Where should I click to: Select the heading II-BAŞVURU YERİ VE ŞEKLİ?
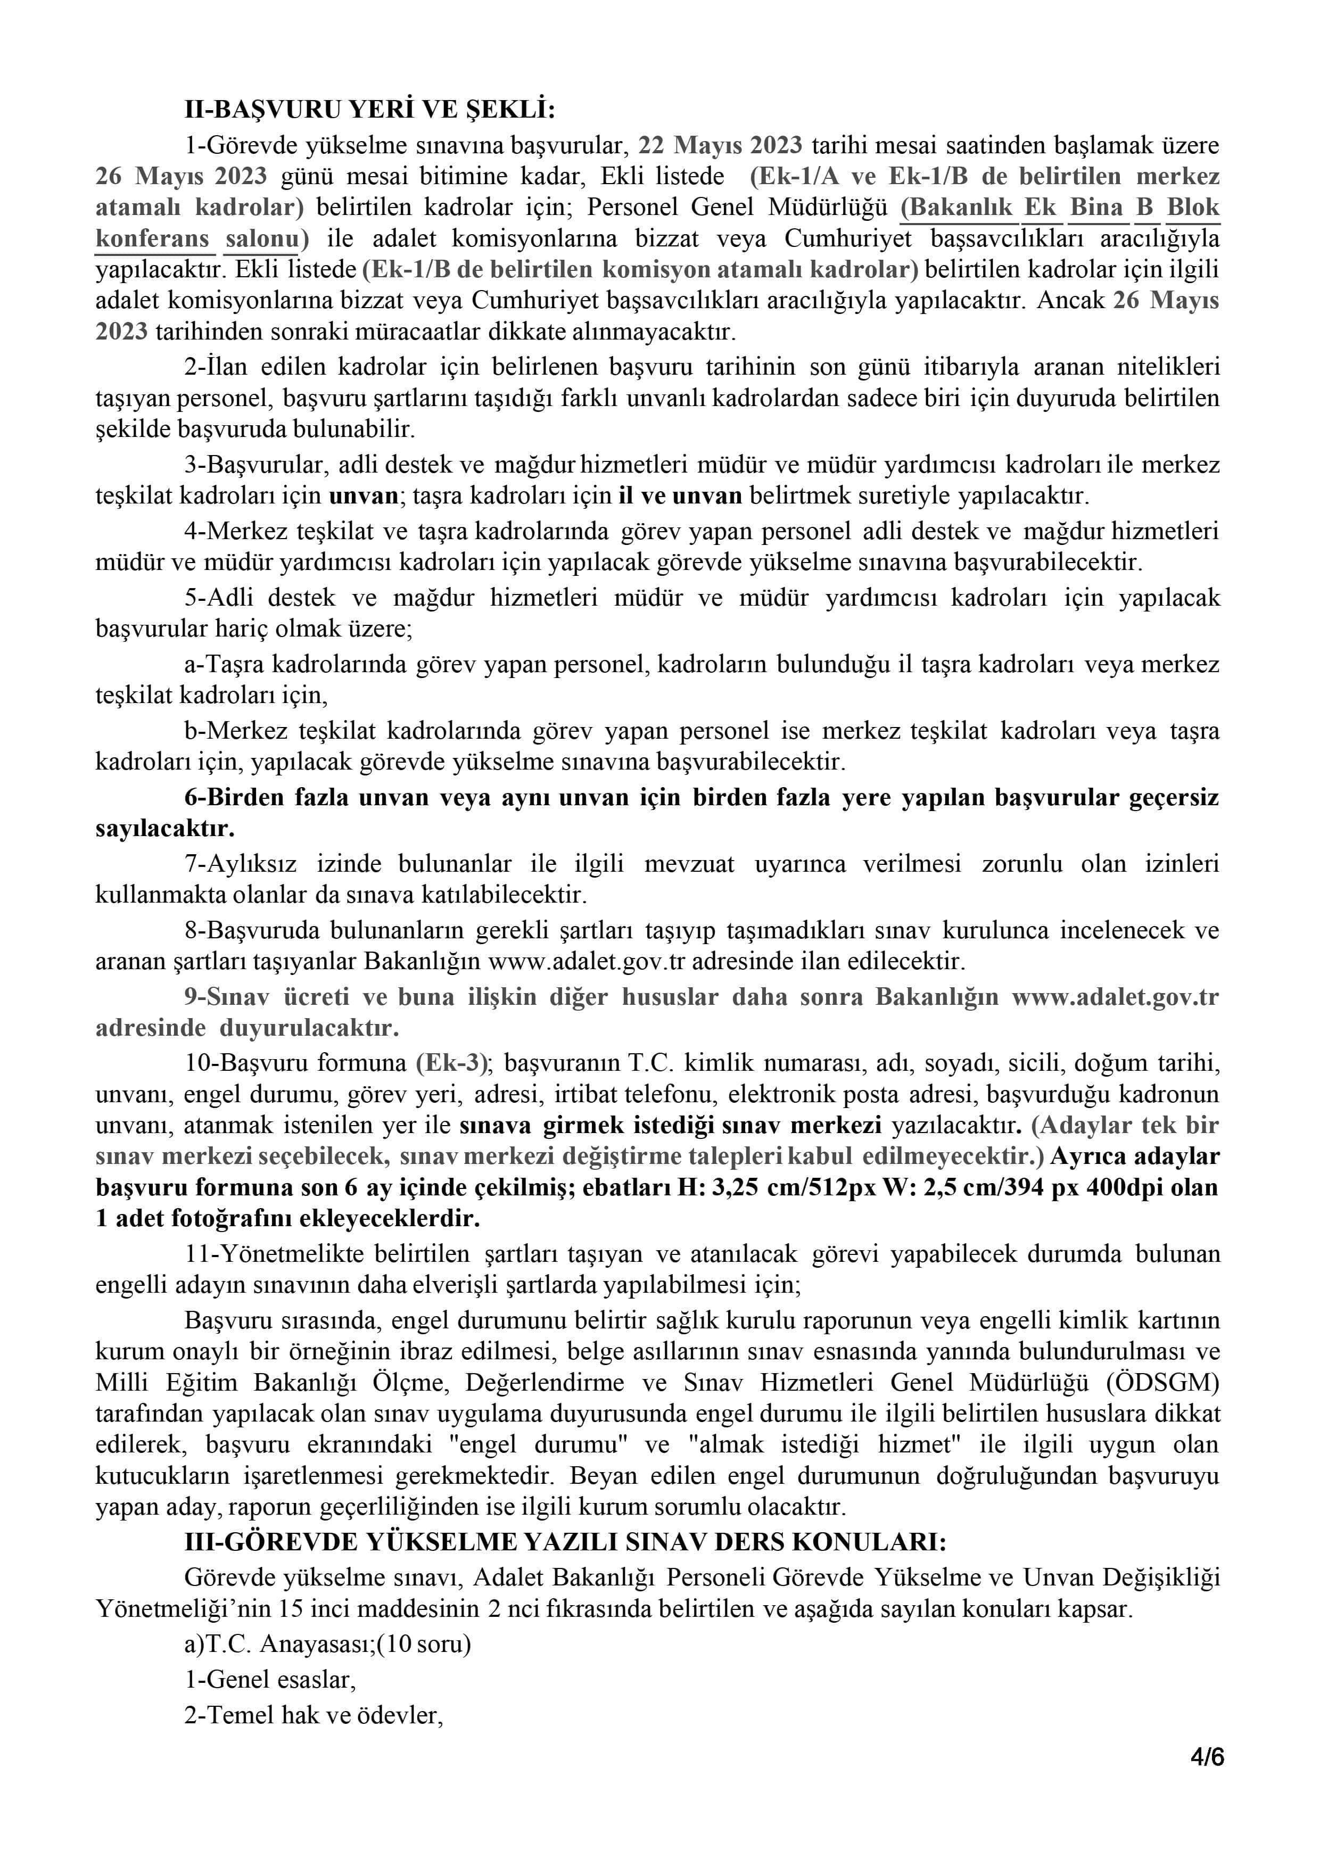pyautogui.click(x=369, y=110)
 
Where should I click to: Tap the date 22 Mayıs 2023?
pyautogui.click(x=720, y=145)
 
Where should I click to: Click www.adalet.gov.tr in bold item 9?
pyautogui.click(x=1115, y=997)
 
